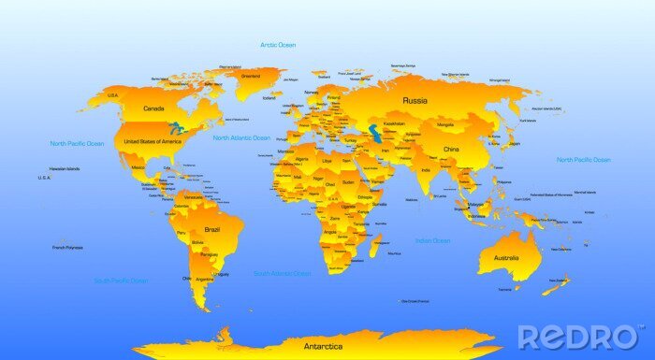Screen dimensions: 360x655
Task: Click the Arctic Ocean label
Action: pyautogui.click(x=278, y=45)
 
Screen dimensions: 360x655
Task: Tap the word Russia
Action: pyautogui.click(x=415, y=100)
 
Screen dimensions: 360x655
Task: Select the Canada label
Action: pyautogui.click(x=153, y=108)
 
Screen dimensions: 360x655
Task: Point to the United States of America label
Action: pyautogui.click(x=153, y=141)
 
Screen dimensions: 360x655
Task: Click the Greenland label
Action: pyautogui.click(x=251, y=76)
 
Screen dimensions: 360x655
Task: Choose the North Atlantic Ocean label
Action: pyautogui.click(x=241, y=137)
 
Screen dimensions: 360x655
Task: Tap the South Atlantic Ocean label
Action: pyautogui.click(x=283, y=274)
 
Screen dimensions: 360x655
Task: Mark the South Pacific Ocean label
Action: pyautogui.click(x=121, y=281)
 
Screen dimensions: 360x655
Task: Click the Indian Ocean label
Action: pyautogui.click(x=433, y=241)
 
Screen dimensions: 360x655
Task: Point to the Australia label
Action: pyautogui.click(x=505, y=258)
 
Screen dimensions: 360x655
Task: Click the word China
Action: pyautogui.click(x=452, y=150)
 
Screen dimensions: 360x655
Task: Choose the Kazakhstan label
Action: pyautogui.click(x=394, y=123)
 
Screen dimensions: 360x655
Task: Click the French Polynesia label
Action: pyautogui.click(x=67, y=248)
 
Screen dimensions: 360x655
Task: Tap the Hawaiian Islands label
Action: pyautogui.click(x=65, y=169)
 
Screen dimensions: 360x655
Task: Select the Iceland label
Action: pyautogui.click(x=269, y=97)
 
